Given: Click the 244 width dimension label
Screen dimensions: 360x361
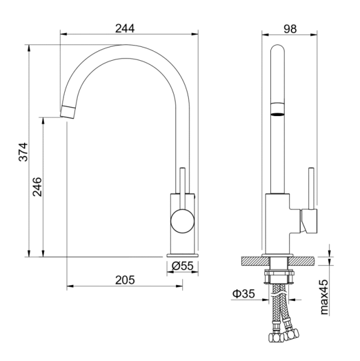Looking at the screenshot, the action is pos(125,28).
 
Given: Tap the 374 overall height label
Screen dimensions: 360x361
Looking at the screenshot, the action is pos(23,152).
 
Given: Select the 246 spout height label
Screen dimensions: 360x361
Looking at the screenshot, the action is pos(37,187).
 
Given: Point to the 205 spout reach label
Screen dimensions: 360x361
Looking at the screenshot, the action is pos(125,280).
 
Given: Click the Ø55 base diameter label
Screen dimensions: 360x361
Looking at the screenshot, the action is pos(183,266).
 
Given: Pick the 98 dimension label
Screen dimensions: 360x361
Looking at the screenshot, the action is pos(290,29).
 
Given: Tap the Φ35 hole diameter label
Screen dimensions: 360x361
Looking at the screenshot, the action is pos(243,294).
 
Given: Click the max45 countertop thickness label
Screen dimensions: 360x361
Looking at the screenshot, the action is pos(324,297).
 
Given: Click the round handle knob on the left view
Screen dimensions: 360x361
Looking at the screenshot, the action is pos(183,221).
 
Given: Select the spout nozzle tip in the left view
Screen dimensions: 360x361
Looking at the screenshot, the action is pos(68,112).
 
